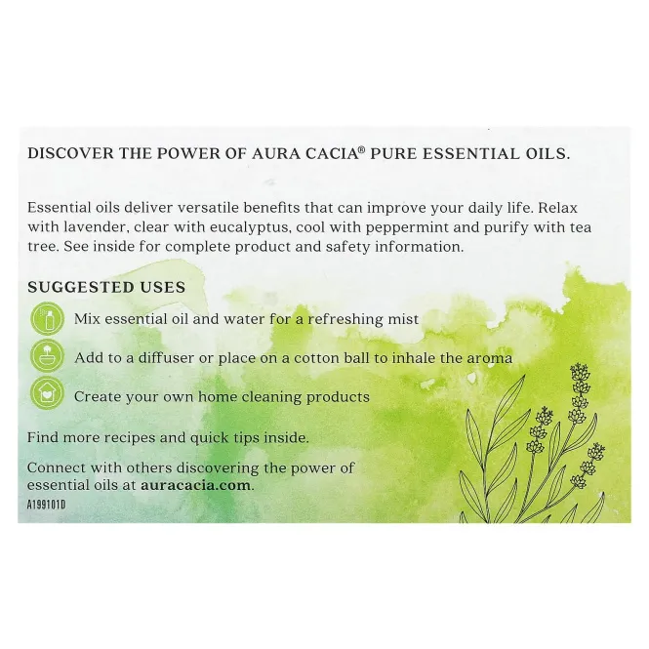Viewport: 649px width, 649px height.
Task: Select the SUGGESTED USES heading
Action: pyautogui.click(x=106, y=287)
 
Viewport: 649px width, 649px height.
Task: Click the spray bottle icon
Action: pyautogui.click(x=47, y=319)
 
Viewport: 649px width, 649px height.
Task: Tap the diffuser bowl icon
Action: pyautogui.click(x=47, y=357)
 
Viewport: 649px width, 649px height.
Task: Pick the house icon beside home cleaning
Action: pyautogui.click(x=47, y=396)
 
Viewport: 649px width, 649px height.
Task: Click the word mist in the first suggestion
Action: pyautogui.click(x=401, y=319)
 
